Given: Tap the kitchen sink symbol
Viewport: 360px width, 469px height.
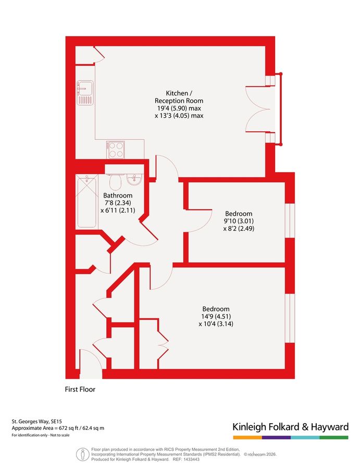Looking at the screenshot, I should pyautogui.click(x=85, y=93).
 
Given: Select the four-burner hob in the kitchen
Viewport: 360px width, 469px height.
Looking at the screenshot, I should pyautogui.click(x=115, y=150).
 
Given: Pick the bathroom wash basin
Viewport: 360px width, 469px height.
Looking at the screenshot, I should pyautogui.click(x=134, y=180).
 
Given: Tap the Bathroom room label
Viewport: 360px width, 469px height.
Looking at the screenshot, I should pyautogui.click(x=118, y=195).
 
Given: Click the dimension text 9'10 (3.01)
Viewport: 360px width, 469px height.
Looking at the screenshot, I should pyautogui.click(x=239, y=221).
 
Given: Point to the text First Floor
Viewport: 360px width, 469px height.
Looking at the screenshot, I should pyautogui.click(x=80, y=389).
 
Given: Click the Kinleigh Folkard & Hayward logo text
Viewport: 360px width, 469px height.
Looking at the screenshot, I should pyautogui.click(x=290, y=427).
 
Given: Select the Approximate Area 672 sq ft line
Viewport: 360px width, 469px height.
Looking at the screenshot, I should pyautogui.click(x=58, y=428).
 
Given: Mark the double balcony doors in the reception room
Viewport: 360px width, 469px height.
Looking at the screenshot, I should pyautogui.click(x=259, y=109).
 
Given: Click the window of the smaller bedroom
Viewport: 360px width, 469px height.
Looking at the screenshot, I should pyautogui.click(x=290, y=221).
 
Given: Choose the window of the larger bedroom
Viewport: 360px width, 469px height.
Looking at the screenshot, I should pyautogui.click(x=290, y=318).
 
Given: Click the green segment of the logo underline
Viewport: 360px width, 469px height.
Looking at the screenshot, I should pyautogui.click(x=334, y=437).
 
